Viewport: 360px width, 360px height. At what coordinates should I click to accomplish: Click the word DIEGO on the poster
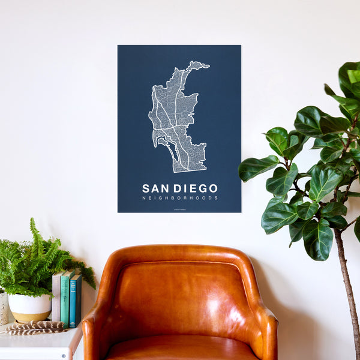pyautogui.click(x=195, y=188)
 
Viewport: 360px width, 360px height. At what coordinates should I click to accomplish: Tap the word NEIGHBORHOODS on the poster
pyautogui.click(x=180, y=198)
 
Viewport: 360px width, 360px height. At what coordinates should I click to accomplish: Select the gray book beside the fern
pyautogui.click(x=56, y=298)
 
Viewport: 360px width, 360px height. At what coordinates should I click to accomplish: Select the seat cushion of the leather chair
pyautogui.click(x=180, y=349)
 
